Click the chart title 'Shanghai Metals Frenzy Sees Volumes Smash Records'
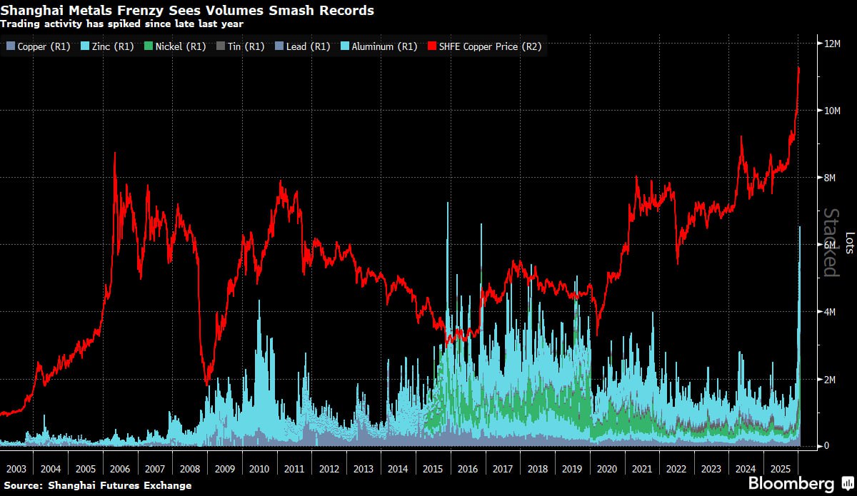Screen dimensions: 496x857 pyautogui.click(x=187, y=11)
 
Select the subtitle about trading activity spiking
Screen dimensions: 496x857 pyautogui.click(x=122, y=24)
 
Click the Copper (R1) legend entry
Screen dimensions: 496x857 pyautogui.click(x=38, y=46)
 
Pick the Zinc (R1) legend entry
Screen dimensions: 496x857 pyautogui.click(x=109, y=46)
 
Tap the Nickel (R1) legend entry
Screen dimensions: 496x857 pyautogui.click(x=175, y=46)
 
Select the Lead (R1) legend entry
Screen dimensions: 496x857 pyautogui.click(x=302, y=46)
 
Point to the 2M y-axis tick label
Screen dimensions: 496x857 pyautogui.click(x=831, y=379)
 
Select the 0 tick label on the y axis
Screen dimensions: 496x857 pyautogui.click(x=826, y=446)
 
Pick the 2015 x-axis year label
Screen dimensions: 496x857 pyautogui.click(x=433, y=469)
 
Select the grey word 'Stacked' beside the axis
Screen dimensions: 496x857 pyautogui.click(x=831, y=243)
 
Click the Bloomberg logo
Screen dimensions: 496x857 pyautogui.click(x=791, y=483)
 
